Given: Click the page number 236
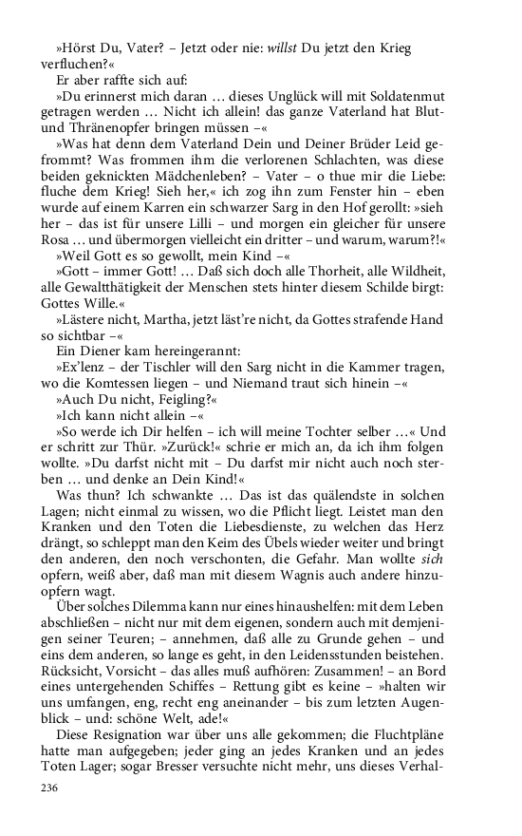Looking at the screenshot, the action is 48,787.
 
